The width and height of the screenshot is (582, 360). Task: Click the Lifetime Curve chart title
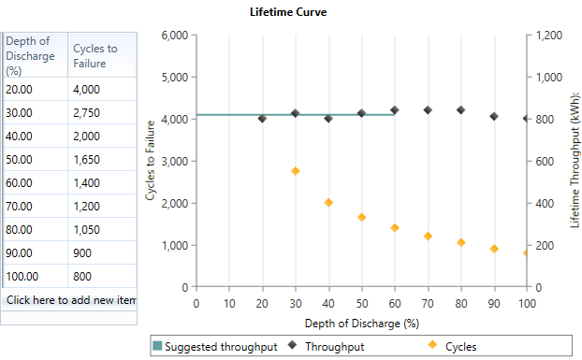pyautogui.click(x=288, y=12)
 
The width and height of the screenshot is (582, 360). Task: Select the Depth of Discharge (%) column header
pyautogui.click(x=34, y=55)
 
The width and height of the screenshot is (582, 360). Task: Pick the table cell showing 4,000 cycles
pyautogui.click(x=101, y=90)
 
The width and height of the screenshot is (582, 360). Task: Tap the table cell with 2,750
pyautogui.click(x=101, y=113)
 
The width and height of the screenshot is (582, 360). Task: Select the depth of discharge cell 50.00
pyautogui.click(x=34, y=160)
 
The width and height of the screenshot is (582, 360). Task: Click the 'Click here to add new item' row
pyautogui.click(x=70, y=299)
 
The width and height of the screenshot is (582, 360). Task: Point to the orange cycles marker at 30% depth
pyautogui.click(x=295, y=171)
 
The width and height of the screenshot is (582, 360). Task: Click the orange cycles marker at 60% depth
pyautogui.click(x=395, y=227)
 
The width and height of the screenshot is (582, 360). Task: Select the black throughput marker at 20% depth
pyautogui.click(x=262, y=119)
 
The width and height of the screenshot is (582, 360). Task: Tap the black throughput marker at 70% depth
pyautogui.click(x=428, y=110)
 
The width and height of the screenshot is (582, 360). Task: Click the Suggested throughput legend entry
pyautogui.click(x=215, y=347)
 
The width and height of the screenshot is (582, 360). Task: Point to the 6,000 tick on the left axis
pyautogui.click(x=176, y=36)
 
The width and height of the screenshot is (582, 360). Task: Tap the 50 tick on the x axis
pyautogui.click(x=361, y=303)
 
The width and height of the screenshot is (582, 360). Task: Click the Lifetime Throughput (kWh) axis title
pyautogui.click(x=575, y=159)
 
